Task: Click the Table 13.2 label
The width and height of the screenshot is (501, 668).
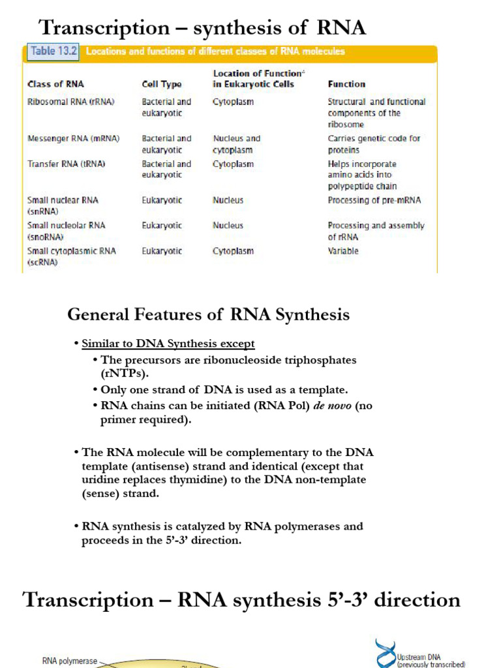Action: click(52, 51)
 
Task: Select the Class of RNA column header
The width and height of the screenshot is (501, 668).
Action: click(55, 84)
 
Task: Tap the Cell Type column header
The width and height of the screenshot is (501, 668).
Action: click(162, 84)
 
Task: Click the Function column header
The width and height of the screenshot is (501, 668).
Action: click(346, 84)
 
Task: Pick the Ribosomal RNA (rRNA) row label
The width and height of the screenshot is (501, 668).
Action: click(62, 102)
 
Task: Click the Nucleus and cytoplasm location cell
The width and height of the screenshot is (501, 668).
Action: click(236, 144)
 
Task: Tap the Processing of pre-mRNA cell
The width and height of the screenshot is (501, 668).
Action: click(374, 200)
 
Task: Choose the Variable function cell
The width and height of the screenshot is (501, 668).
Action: click(343, 251)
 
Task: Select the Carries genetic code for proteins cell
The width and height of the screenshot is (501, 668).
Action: click(374, 144)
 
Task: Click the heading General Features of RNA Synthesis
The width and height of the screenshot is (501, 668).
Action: click(208, 315)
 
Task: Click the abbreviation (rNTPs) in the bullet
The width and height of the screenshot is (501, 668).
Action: click(125, 374)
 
